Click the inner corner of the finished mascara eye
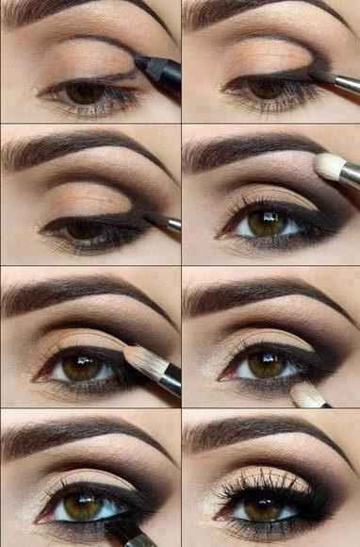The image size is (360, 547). (219, 514)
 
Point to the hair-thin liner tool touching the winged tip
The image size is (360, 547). (166, 223)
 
